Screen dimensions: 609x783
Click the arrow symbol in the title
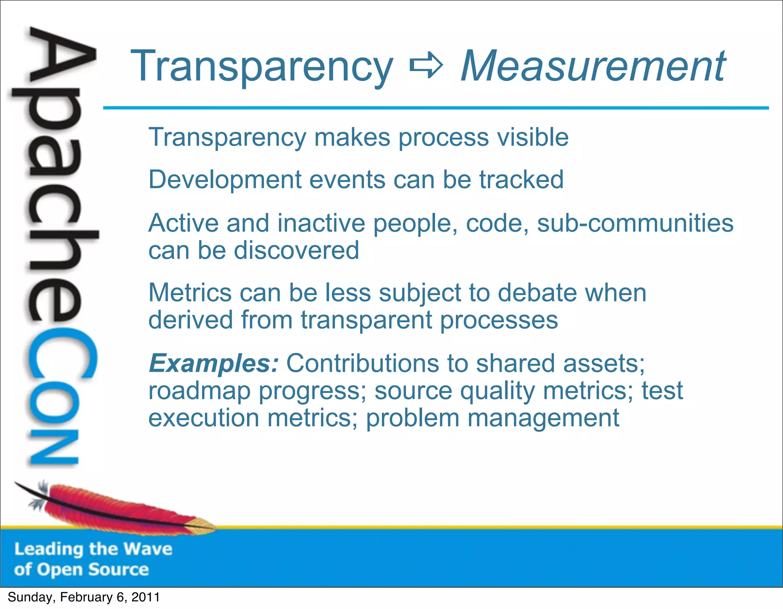pyautogui.click(x=426, y=66)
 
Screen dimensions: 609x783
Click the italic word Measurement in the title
pyautogui.click(x=593, y=67)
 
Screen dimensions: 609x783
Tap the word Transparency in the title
pyautogui.click(x=262, y=67)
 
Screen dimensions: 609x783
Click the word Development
pyautogui.click(x=225, y=180)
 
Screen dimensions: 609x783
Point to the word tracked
pyautogui.click(x=521, y=179)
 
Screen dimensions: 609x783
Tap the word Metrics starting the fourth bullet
pyautogui.click(x=190, y=293)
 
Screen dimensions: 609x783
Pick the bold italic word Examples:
pyautogui.click(x=213, y=363)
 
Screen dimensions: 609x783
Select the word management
pyautogui.click(x=543, y=418)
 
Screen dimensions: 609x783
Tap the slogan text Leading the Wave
pyautogui.click(x=93, y=549)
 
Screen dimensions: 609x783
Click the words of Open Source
pyautogui.click(x=81, y=570)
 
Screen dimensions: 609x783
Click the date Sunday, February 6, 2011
pyautogui.click(x=84, y=597)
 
